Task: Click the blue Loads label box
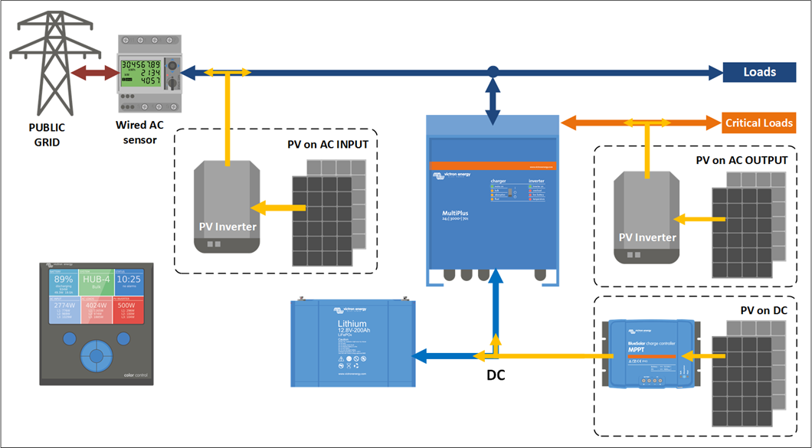759,73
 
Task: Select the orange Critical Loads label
759,123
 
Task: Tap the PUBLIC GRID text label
47,135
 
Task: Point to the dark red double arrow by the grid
91,74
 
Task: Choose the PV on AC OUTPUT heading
742,161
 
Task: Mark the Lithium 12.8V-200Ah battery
352,342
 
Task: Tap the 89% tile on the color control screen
64,281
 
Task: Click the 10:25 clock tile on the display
129,281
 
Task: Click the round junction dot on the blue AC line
493,72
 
